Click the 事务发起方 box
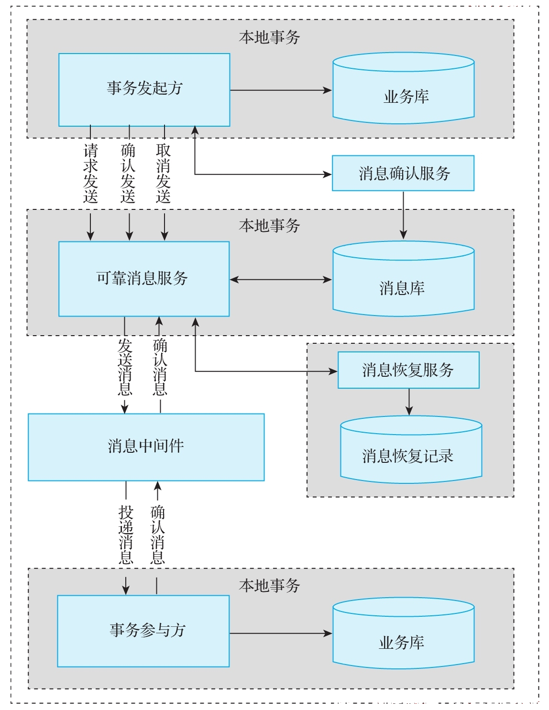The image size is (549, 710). click(x=144, y=90)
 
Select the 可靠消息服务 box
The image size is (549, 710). click(x=144, y=279)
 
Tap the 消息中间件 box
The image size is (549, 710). click(x=146, y=447)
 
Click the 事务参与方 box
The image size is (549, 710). click(x=143, y=631)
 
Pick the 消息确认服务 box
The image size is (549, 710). click(x=403, y=173)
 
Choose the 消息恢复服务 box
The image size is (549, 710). click(x=408, y=370)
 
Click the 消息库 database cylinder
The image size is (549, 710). click(x=404, y=279)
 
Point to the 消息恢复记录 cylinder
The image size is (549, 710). click(x=411, y=449)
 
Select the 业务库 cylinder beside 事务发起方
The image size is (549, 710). click(x=404, y=88)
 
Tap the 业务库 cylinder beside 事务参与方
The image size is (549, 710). click(x=404, y=633)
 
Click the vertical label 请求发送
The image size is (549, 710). click(x=90, y=174)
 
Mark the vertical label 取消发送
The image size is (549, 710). click(x=163, y=174)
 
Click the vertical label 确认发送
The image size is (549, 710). click(x=128, y=174)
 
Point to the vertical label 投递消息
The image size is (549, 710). click(x=126, y=535)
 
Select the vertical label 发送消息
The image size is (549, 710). click(x=125, y=367)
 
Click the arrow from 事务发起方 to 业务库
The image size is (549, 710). click(x=281, y=90)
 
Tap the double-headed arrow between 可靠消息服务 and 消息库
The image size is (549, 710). click(x=281, y=279)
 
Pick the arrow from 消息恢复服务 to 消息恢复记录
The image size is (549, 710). click(x=409, y=402)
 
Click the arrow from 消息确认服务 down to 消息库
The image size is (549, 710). click(x=403, y=215)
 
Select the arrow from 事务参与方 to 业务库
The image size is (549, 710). click(x=281, y=633)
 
